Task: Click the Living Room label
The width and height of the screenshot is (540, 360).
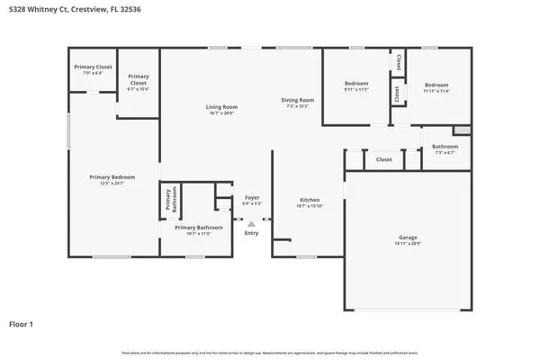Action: pos(220,107)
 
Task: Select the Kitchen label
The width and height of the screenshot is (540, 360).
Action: pos(309,200)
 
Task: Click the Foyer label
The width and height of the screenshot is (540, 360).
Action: pos(252,197)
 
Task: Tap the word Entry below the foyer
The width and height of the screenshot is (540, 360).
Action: pos(251,233)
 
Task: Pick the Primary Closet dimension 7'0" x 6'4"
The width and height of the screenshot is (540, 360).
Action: pos(92,73)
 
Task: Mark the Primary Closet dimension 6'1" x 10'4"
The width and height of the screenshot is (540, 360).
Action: pos(138,89)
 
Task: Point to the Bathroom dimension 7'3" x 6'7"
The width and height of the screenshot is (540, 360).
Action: pos(445,153)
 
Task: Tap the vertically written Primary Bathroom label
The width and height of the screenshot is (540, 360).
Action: pos(167,202)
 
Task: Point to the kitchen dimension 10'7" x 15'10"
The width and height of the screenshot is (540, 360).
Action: pos(309,207)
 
